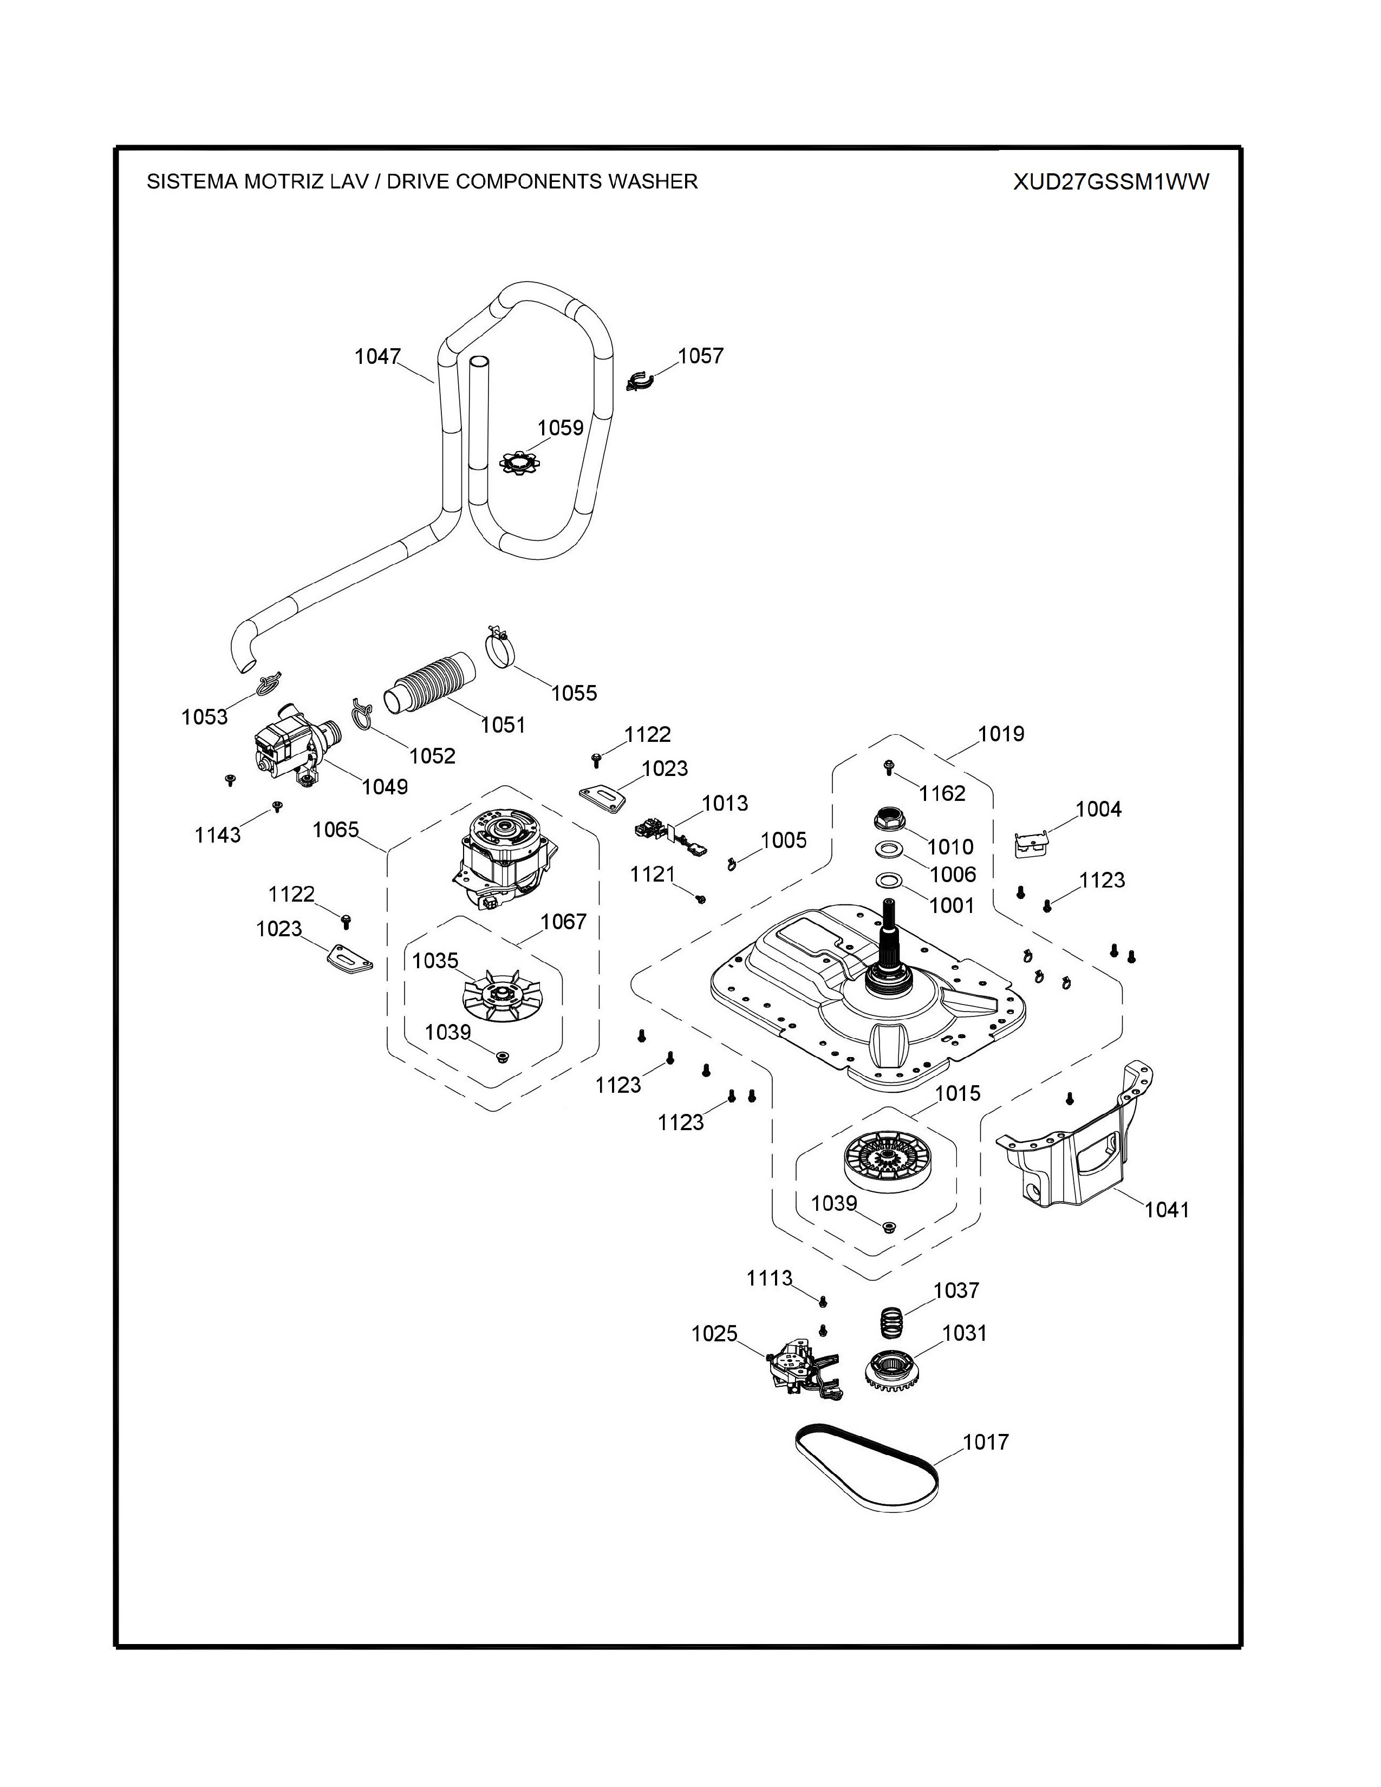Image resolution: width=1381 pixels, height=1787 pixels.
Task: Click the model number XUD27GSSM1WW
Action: [x=1110, y=181]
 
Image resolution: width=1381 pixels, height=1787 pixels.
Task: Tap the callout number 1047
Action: [x=377, y=357]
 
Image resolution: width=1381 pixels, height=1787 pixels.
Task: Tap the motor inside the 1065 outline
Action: [x=497, y=858]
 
